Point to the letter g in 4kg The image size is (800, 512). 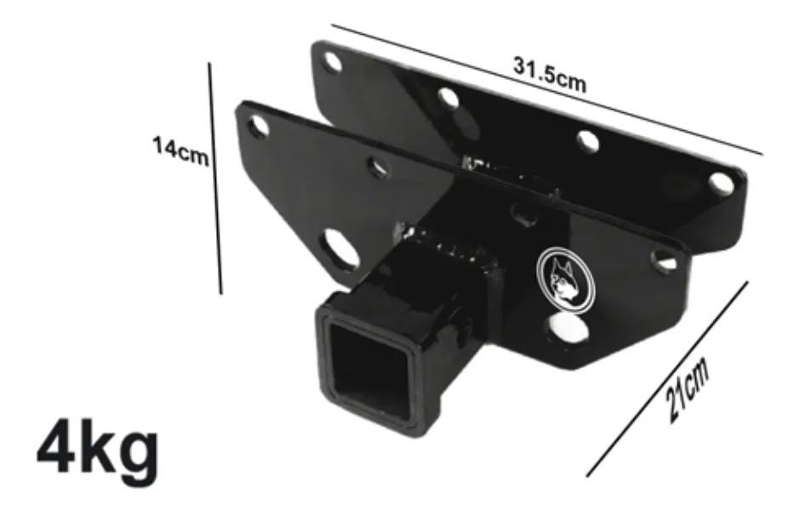tap(134, 452)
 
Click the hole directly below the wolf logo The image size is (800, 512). tap(563, 327)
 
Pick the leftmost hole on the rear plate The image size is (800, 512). tap(333, 61)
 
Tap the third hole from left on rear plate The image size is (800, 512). tap(586, 139)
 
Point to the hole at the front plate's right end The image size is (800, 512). tap(663, 259)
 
